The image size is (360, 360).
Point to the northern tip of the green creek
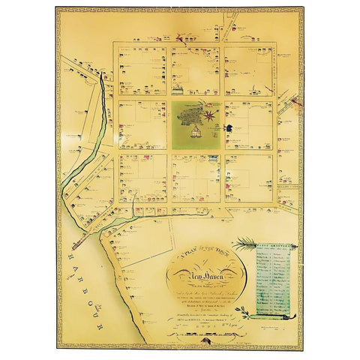coord(101,76)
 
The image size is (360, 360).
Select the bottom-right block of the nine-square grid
coord(248,178)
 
